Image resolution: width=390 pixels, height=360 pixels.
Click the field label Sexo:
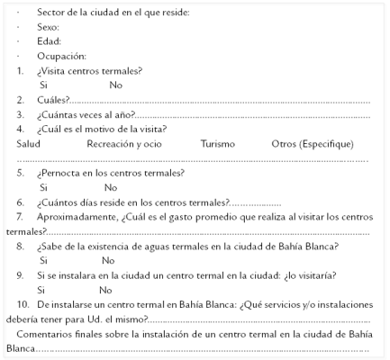[49, 27]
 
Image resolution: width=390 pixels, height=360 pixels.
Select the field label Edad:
[49, 41]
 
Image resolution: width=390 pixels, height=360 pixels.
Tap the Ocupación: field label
[61, 56]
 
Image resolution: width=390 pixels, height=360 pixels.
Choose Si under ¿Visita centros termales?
[43, 85]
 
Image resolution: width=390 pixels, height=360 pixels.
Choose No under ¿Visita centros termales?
[115, 85]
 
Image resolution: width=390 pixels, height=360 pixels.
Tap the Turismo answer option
[218, 143]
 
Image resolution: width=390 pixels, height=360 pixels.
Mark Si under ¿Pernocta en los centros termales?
[43, 187]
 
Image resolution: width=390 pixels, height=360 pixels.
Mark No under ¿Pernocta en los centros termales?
[111, 187]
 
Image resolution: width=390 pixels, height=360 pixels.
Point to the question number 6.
[20, 202]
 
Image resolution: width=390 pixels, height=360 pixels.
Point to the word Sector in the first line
[50, 13]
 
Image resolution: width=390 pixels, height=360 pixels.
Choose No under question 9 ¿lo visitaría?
[105, 290]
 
